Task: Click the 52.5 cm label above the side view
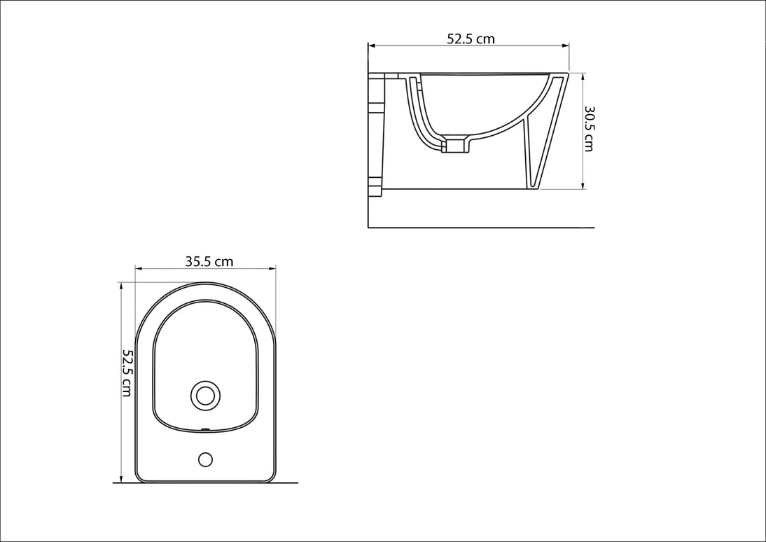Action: click(x=471, y=39)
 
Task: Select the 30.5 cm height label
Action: click(x=589, y=129)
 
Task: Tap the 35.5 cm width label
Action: click(x=209, y=261)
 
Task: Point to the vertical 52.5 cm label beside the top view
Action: click(x=127, y=373)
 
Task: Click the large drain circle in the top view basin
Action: click(x=205, y=396)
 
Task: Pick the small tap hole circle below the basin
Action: click(x=205, y=459)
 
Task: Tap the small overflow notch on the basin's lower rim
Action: click(x=206, y=430)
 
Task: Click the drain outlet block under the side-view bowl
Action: click(x=457, y=146)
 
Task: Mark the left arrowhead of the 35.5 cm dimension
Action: click(x=139, y=268)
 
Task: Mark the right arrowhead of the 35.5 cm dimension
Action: click(x=272, y=268)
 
